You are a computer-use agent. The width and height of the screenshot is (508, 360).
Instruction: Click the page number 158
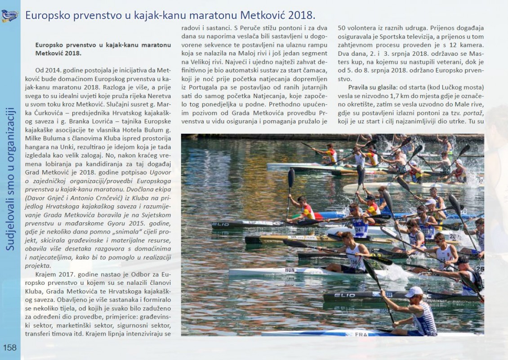click(9, 347)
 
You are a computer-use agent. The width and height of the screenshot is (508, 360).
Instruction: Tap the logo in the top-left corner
click(9, 16)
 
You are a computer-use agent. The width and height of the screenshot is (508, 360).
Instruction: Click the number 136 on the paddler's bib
click(354, 262)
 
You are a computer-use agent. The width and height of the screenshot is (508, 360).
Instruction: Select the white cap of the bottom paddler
click(414, 292)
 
